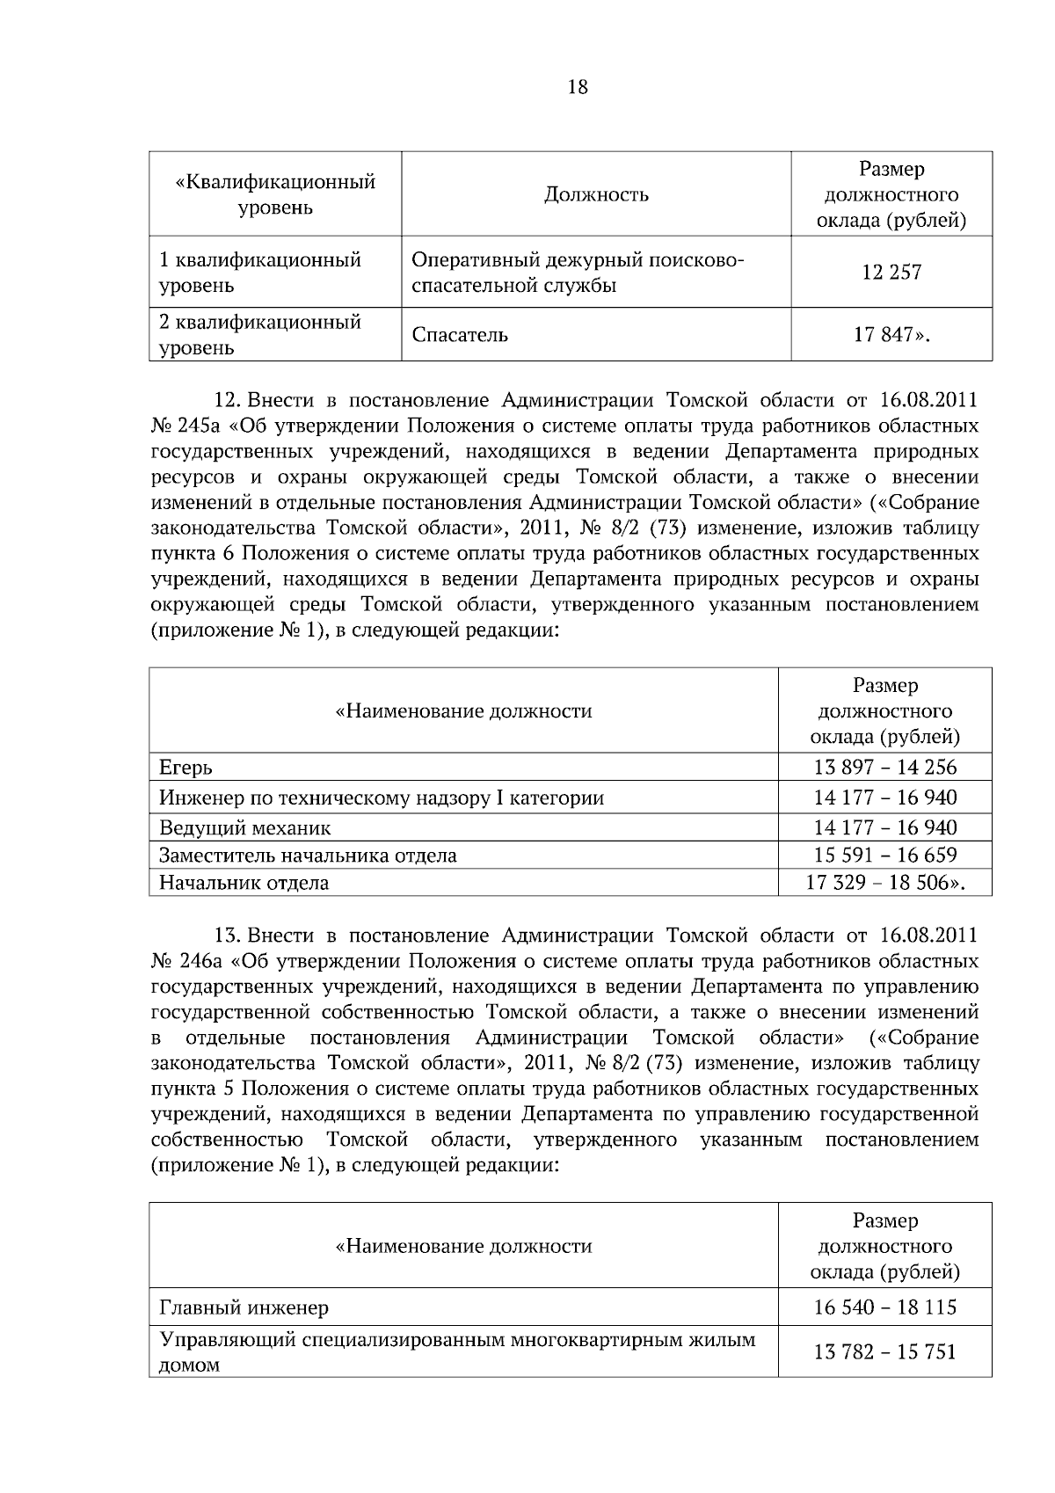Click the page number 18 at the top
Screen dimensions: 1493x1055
click(x=578, y=87)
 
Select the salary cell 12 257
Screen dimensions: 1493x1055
click(x=891, y=273)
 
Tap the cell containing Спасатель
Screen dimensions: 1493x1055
click(x=460, y=335)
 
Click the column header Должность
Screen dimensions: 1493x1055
click(x=596, y=194)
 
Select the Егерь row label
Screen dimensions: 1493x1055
click(x=186, y=768)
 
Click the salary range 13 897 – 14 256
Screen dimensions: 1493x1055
click(x=884, y=767)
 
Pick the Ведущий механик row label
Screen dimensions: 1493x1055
click(x=244, y=827)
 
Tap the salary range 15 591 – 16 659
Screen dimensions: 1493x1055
click(x=884, y=855)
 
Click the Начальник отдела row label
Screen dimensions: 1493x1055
click(x=244, y=883)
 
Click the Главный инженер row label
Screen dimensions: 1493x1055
click(x=244, y=1307)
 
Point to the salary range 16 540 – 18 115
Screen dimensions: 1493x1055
click(x=884, y=1307)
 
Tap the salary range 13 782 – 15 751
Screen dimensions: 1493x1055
click(x=884, y=1351)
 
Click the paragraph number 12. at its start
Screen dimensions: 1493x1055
click(x=228, y=401)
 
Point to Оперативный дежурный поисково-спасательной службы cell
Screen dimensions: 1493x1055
click(x=578, y=273)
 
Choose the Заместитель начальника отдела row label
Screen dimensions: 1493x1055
click(x=308, y=855)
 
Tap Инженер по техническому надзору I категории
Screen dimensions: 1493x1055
click(x=381, y=798)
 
